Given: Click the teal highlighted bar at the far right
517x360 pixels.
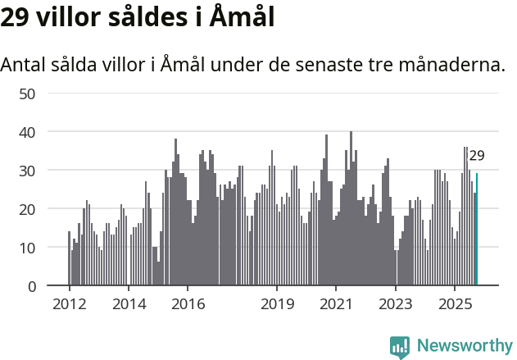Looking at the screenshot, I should pos(477,230).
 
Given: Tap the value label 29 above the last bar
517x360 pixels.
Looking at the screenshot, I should pos(477,156).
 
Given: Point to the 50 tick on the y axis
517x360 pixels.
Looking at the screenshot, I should pos(28,93).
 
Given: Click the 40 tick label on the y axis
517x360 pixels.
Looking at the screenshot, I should pos(28,132).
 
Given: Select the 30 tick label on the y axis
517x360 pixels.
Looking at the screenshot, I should pos(28,171).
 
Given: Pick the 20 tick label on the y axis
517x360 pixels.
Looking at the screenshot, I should pos(28,209).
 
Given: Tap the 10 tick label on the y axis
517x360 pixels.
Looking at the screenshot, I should pos(28,248).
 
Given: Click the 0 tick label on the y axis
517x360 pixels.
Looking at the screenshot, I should pos(32,286).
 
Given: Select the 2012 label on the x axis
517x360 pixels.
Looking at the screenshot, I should pos(69,304).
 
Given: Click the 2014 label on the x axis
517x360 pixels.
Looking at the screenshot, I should pos(129,304).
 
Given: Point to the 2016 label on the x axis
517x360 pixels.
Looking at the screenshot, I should pos(188,304).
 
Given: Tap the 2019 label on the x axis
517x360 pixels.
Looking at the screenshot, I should pos(277,304).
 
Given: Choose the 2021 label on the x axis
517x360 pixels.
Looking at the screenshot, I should pos(336,304).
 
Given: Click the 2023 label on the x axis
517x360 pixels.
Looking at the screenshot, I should pos(396,304).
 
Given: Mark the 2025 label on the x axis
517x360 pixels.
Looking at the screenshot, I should pos(455,304).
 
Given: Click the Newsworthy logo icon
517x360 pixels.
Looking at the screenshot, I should pos(400,347).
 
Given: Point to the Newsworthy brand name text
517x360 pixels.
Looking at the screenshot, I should pos(464,346).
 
